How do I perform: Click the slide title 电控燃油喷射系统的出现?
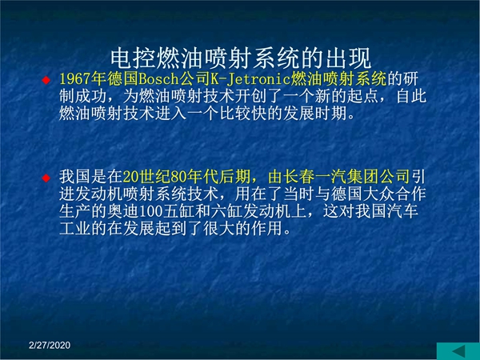point(241,58)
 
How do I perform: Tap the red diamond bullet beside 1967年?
point(46,81)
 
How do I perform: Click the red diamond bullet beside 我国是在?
point(46,178)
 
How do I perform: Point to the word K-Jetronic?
point(250,79)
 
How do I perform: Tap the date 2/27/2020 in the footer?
point(50,346)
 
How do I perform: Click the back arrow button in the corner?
point(458,351)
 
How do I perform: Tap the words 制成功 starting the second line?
point(83,97)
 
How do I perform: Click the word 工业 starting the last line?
point(75,228)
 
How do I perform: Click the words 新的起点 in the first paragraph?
point(346,97)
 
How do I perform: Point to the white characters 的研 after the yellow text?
point(402,79)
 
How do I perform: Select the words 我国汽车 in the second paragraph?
point(386,211)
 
